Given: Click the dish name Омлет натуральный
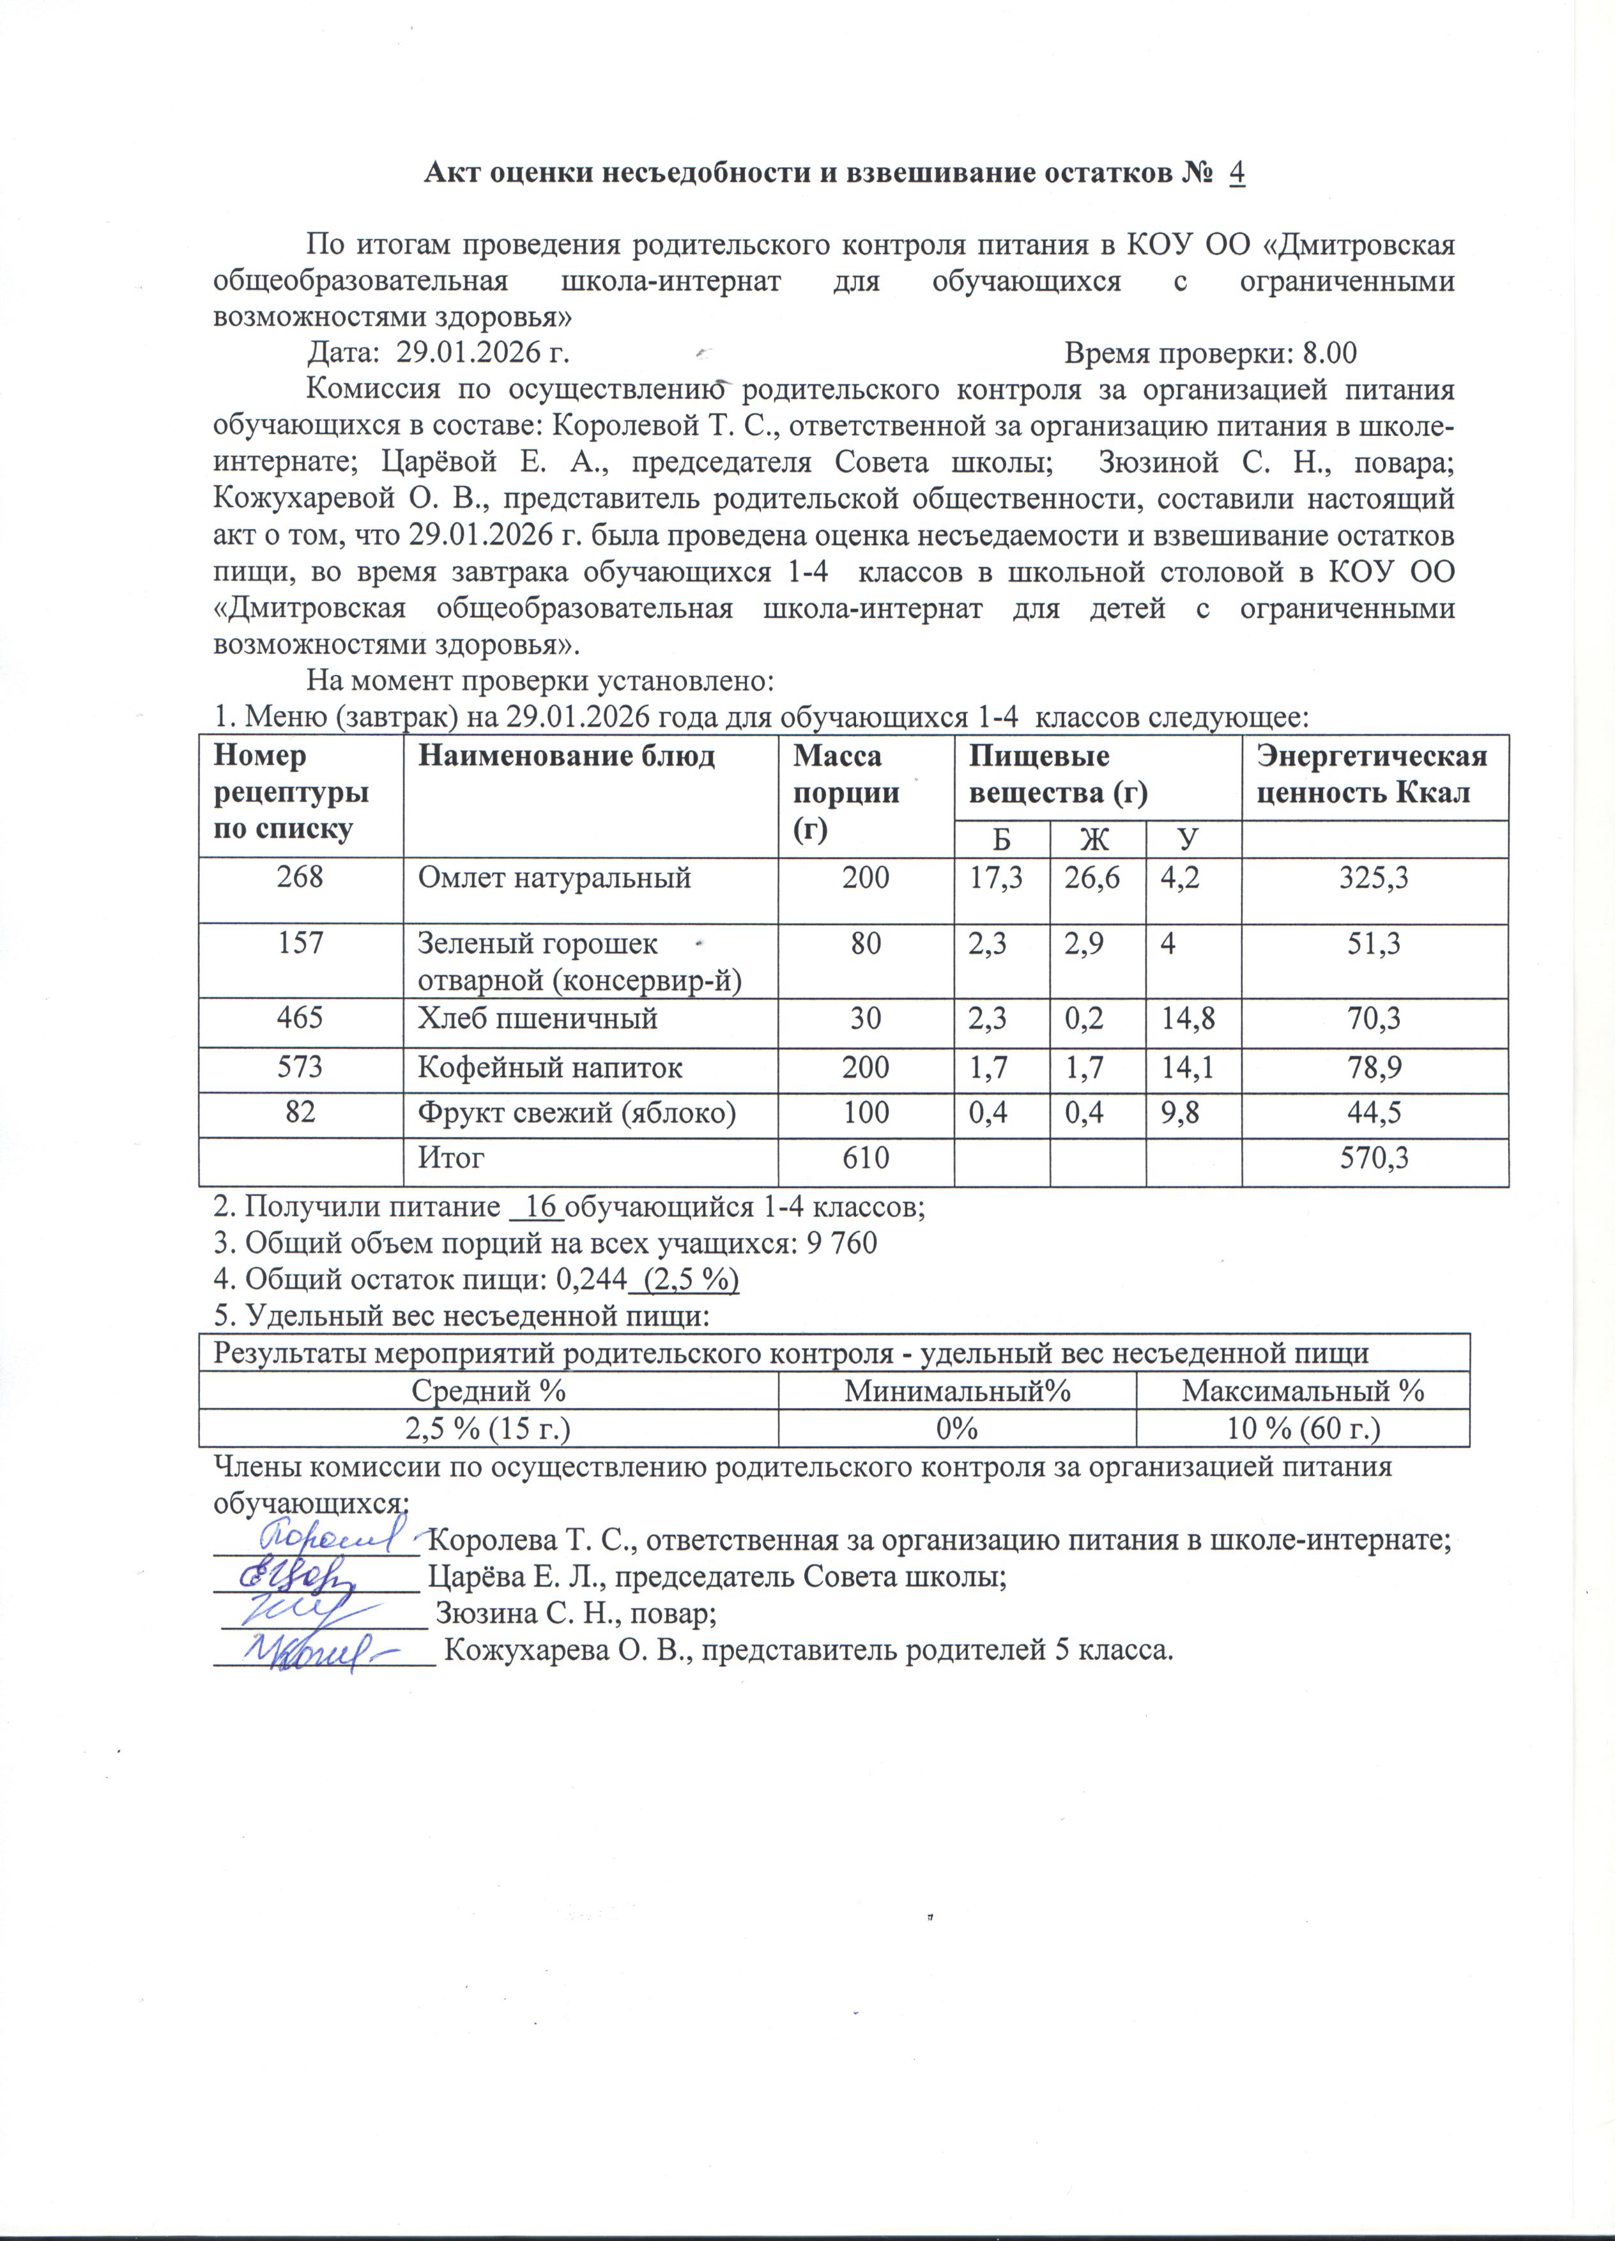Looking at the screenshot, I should click(554, 878).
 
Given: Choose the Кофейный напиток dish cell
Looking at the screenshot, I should click(550, 1067).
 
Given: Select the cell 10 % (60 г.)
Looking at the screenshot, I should click(1302, 1429).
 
